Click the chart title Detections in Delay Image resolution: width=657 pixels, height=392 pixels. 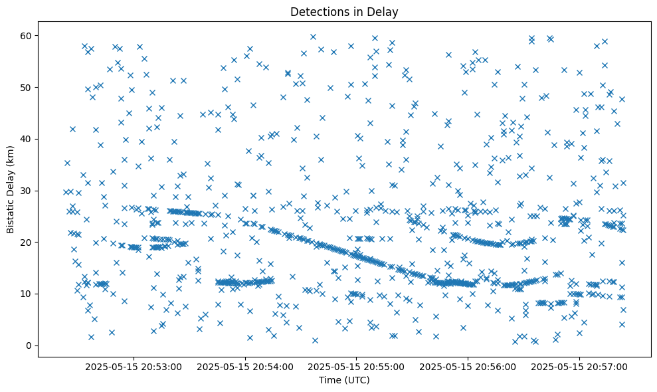click(344, 11)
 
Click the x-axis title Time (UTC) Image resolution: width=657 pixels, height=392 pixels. click(344, 381)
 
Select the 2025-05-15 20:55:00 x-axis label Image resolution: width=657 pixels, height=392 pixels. click(357, 366)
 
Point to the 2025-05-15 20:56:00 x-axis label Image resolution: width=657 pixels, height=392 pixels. click(468, 366)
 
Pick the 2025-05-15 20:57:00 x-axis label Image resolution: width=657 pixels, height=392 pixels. click(580, 366)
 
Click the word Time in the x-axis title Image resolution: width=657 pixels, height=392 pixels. click(329, 381)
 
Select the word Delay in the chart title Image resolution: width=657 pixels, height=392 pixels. click(385, 11)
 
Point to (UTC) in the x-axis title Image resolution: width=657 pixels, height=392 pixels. click(356, 381)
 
